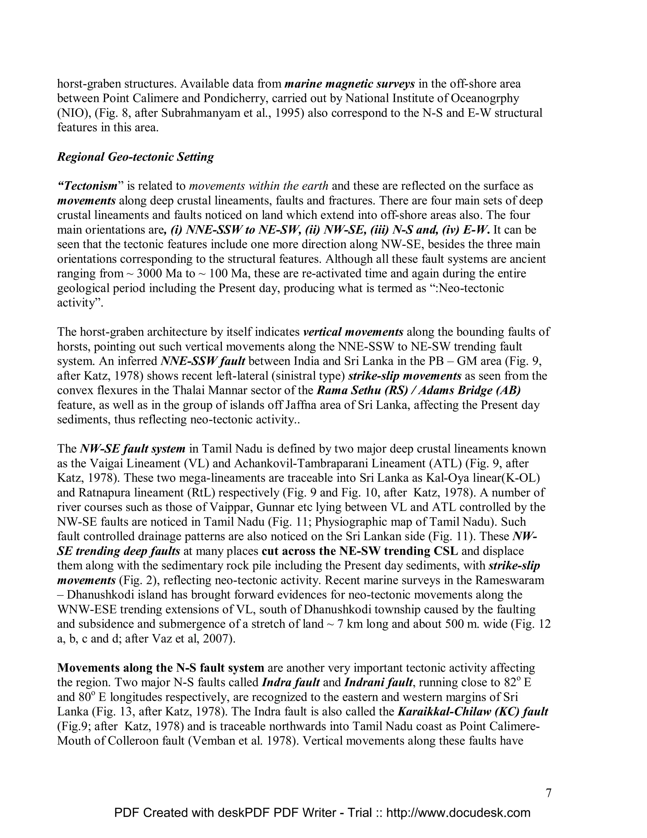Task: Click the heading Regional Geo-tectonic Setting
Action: click(x=135, y=157)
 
